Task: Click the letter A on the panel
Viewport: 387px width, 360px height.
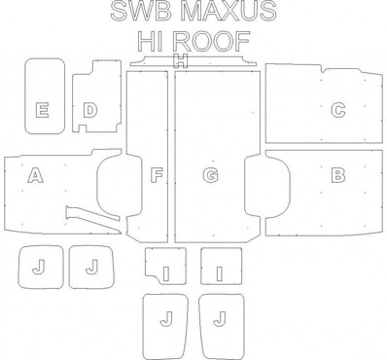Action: pos(35,175)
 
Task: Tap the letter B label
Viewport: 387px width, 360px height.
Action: pos(338,175)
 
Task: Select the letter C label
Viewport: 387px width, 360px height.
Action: pos(338,110)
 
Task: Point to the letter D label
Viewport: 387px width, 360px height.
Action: pos(90,110)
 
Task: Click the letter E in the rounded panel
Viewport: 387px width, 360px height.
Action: pos(42,110)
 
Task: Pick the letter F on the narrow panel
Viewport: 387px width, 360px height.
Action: pos(157,175)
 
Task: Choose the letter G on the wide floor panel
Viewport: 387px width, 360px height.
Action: pos(210,175)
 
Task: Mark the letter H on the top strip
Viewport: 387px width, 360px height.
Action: pos(181,60)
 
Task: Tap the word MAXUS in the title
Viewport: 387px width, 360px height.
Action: pos(229,12)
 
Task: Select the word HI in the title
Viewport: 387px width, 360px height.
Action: pos(150,41)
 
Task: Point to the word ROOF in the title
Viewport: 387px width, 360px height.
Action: pos(211,41)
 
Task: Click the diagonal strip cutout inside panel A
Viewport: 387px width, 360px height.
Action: pos(93,218)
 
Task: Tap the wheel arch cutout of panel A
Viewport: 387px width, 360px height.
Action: pos(98,184)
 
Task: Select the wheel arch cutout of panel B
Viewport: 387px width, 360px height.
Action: pos(290,184)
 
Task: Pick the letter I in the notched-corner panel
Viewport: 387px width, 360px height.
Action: pos(166,273)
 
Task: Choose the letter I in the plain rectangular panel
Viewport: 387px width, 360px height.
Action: pos(220,273)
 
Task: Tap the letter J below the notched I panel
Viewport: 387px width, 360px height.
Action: pos(166,318)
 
